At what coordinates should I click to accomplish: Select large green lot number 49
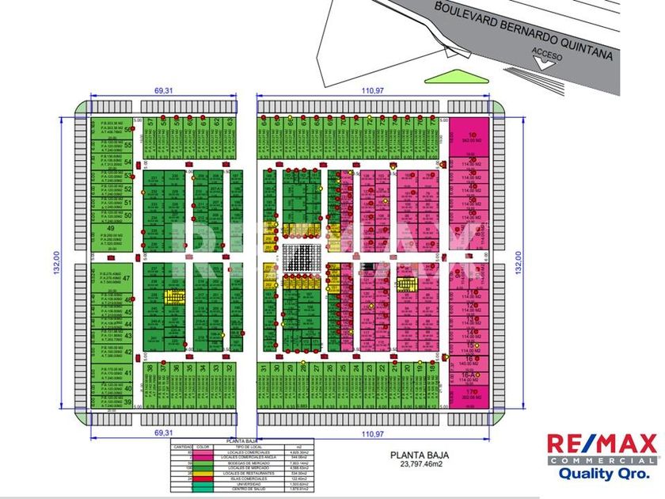click(x=109, y=232)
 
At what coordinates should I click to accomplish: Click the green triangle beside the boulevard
click(x=447, y=77)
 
